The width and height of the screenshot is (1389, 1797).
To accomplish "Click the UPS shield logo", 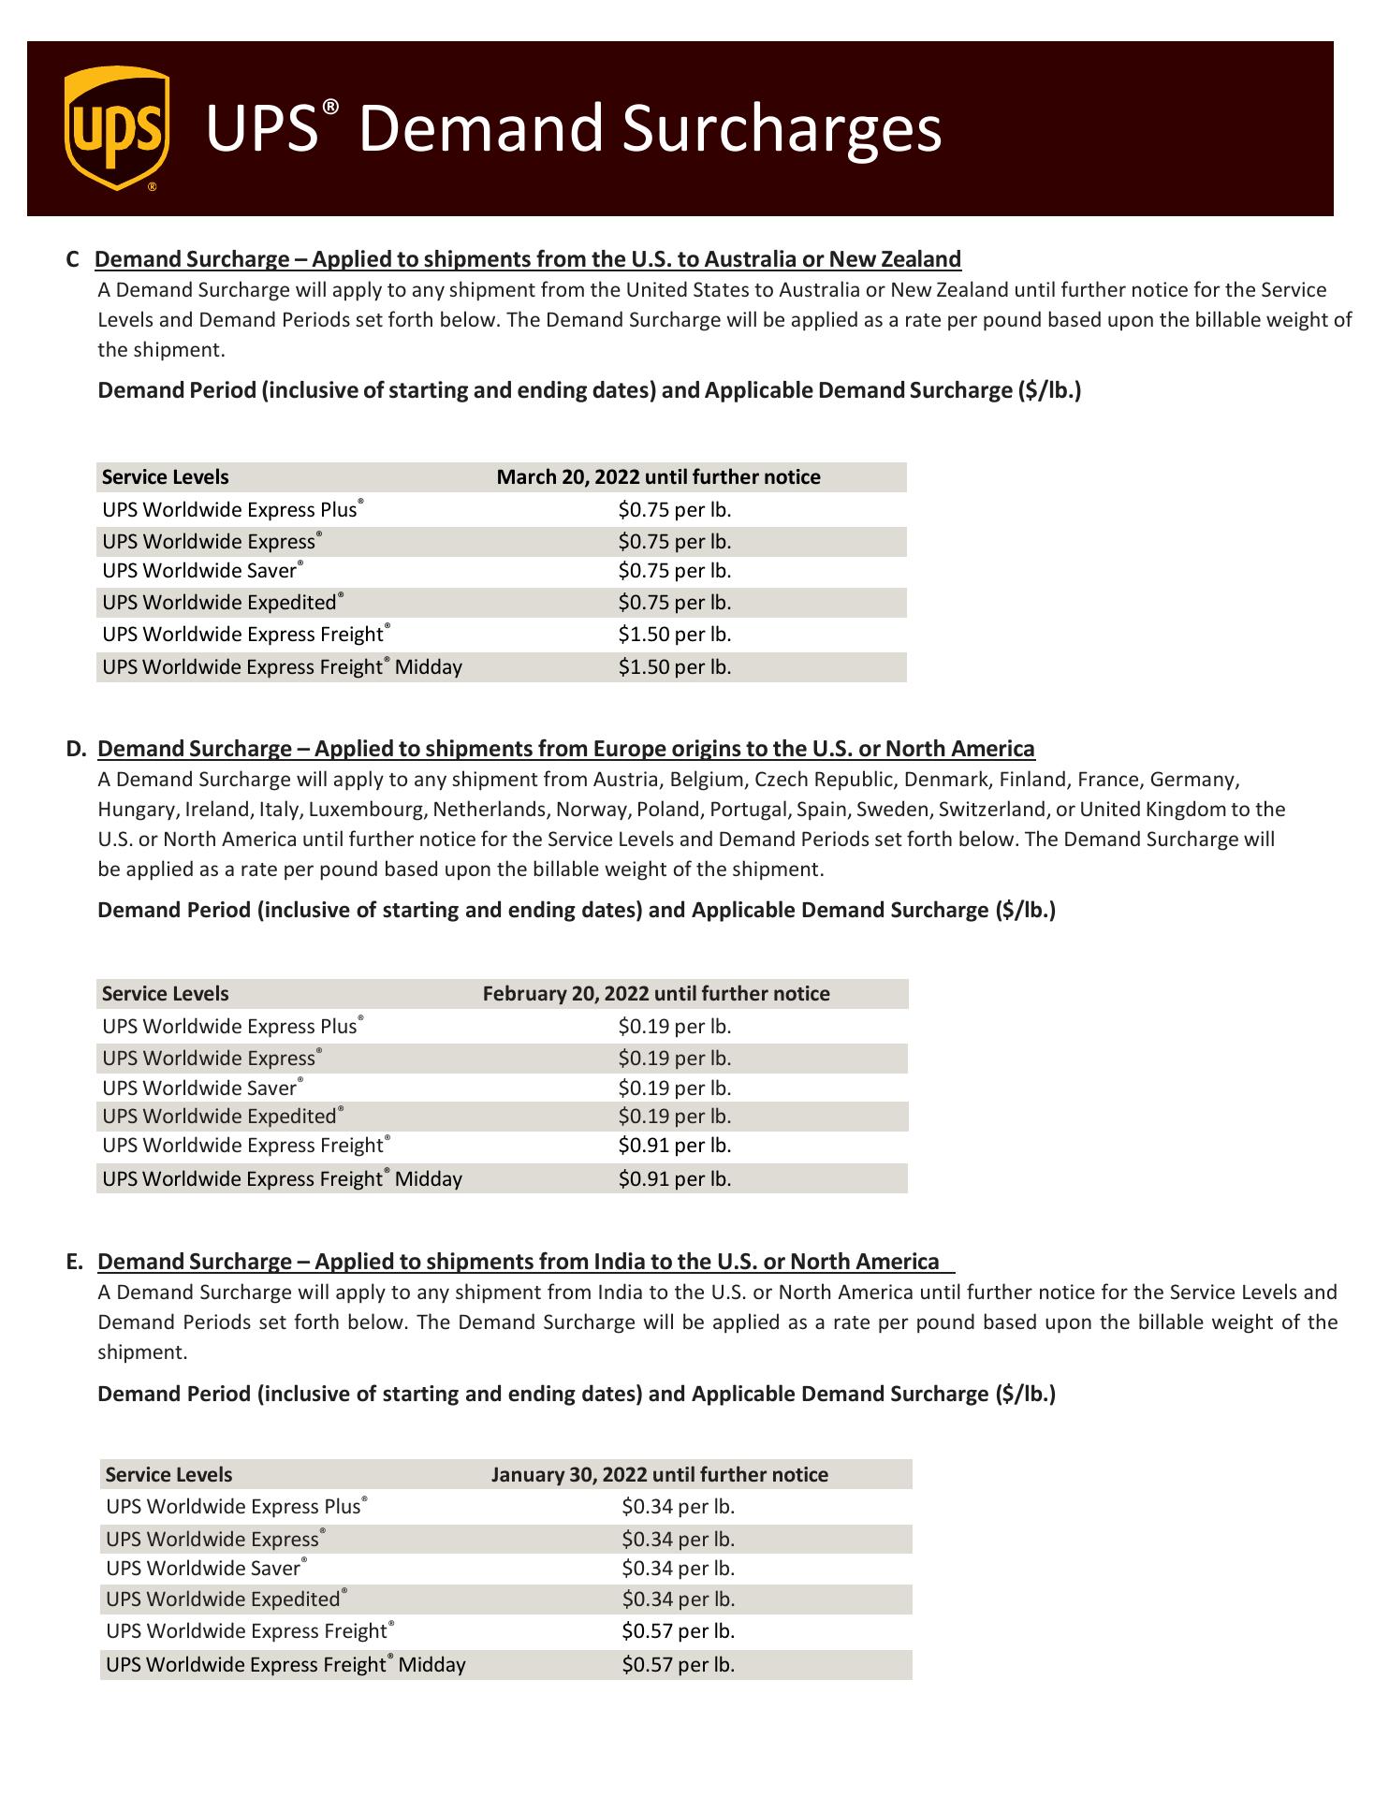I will [x=117, y=128].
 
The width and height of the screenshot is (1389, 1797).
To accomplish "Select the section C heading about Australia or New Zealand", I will [x=528, y=259].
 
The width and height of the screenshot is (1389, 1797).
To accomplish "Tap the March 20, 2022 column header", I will [x=658, y=477].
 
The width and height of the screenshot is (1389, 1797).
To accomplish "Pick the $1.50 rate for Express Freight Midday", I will [x=675, y=667].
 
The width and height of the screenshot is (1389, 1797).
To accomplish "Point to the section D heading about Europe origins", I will [x=565, y=749].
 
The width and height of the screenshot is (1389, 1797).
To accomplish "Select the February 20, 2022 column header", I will [x=656, y=994].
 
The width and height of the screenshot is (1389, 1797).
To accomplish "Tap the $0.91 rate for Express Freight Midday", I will [x=675, y=1179].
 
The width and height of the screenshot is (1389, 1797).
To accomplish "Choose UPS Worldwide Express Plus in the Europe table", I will [x=230, y=1027].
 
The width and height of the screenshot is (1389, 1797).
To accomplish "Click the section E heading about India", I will [x=518, y=1262].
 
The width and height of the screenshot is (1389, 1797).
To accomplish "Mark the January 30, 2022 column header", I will [x=660, y=1475].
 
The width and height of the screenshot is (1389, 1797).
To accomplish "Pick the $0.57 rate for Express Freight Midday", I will [x=679, y=1665].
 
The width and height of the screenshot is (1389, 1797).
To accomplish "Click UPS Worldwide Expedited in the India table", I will [x=223, y=1600].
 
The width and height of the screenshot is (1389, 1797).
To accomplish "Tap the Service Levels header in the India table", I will [x=168, y=1475].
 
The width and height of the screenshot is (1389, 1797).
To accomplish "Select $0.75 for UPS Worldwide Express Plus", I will [x=675, y=510].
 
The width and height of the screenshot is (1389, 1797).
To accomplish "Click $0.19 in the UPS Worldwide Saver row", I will [x=675, y=1088].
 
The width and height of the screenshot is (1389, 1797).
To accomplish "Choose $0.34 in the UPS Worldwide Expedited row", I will [x=679, y=1600].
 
